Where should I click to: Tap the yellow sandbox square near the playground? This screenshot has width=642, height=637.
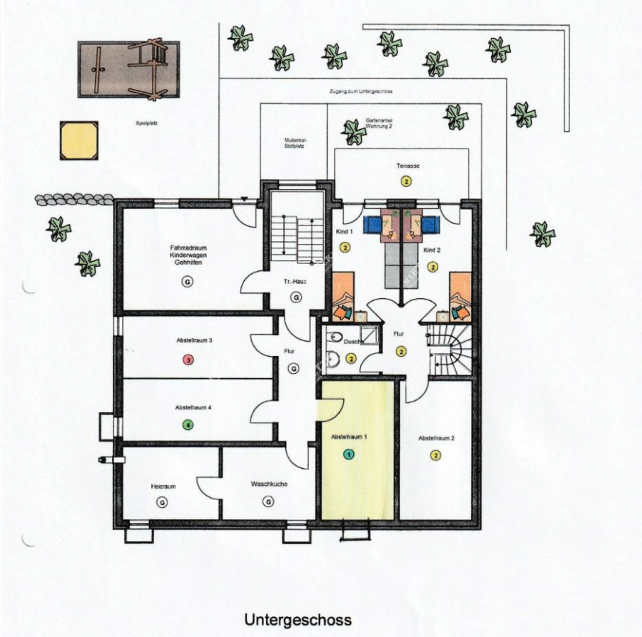coord(78,141)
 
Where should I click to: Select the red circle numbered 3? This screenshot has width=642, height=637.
coord(188,360)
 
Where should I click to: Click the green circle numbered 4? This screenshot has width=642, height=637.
coord(188,426)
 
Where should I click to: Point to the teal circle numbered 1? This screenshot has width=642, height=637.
coord(348,454)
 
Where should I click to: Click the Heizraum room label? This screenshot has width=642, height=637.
coord(163,486)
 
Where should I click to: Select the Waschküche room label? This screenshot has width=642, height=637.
coord(269,484)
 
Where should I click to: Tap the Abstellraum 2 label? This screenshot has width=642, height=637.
coord(437,438)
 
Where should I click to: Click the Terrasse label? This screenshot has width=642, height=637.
coord(408,165)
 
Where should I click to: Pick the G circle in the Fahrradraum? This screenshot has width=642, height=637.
coord(188,282)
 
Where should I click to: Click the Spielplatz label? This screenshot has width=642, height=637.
coord(146,123)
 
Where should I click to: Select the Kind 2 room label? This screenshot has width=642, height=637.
coord(432,251)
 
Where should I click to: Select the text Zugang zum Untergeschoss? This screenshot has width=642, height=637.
coord(361,92)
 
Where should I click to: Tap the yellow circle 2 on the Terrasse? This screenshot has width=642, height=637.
coord(407,181)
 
